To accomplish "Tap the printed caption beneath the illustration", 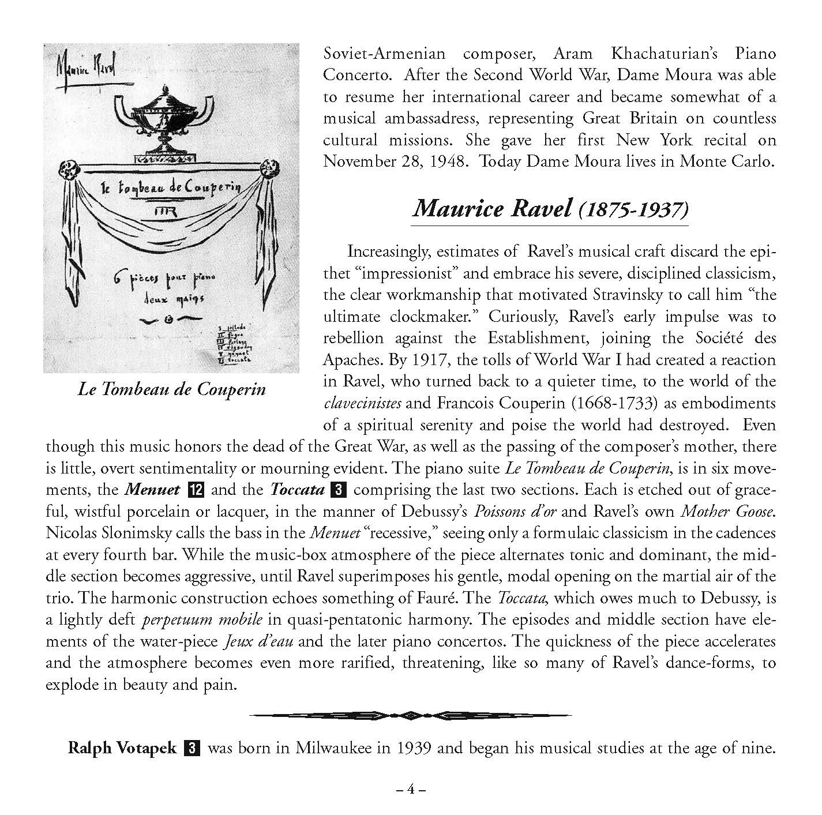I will pos(171,389).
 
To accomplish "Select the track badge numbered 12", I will pos(196,490).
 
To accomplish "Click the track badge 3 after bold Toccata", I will pos(339,490).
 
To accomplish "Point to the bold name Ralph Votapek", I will pos(122,748).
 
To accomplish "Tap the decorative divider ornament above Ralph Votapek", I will pos(410,716).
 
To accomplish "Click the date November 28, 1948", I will pos(394,161).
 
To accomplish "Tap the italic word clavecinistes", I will pos(362,403).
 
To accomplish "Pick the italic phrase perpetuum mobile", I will pos(202,620).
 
